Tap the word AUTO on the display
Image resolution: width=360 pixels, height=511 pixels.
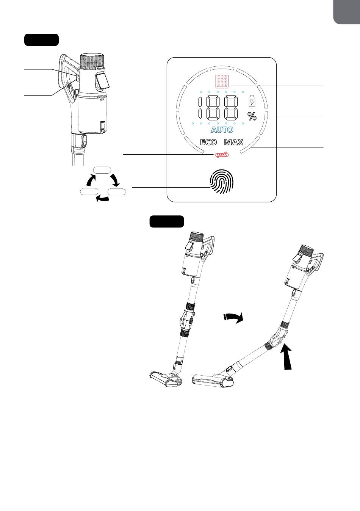(x=222, y=130)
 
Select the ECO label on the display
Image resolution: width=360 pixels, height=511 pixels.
(x=208, y=143)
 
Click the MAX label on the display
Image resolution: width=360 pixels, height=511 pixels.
(x=234, y=143)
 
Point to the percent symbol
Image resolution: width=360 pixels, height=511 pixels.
(x=252, y=116)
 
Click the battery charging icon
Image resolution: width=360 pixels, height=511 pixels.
(x=252, y=101)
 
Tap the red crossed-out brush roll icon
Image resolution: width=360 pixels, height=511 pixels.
(x=221, y=155)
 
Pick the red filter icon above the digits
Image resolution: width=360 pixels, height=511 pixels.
(x=222, y=81)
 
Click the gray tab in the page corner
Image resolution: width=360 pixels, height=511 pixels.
(x=347, y=12)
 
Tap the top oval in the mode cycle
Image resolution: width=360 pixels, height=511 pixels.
(x=102, y=170)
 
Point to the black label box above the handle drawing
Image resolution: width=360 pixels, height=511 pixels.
(x=41, y=40)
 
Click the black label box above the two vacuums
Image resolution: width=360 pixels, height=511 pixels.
(x=167, y=221)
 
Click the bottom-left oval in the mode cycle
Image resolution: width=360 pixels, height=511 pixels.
(x=89, y=192)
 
